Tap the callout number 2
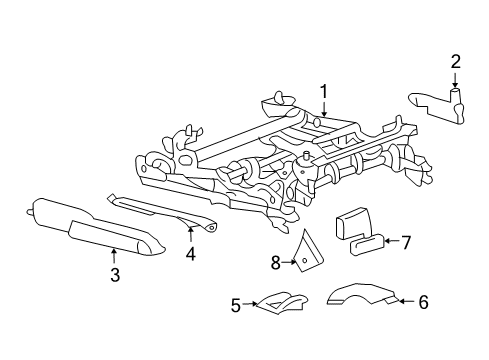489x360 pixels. [455, 64]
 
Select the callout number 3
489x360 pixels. [114, 275]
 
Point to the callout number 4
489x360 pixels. [190, 254]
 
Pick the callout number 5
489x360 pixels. [236, 306]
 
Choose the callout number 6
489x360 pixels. [423, 301]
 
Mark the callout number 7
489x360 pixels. [406, 241]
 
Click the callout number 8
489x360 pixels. [275, 264]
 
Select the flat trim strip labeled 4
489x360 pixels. [165, 213]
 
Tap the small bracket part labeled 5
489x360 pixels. [275, 300]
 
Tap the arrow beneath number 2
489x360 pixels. [455, 82]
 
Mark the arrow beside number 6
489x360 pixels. [402, 300]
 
